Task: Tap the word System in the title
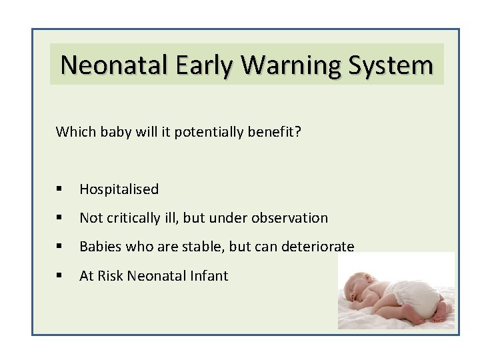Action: click(x=394, y=65)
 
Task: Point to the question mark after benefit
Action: click(x=298, y=131)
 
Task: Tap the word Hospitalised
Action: click(x=119, y=189)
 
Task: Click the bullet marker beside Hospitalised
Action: click(x=60, y=190)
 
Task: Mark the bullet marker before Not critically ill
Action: click(x=60, y=219)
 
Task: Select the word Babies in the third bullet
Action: click(x=99, y=247)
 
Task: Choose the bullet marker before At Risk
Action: click(x=60, y=276)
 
